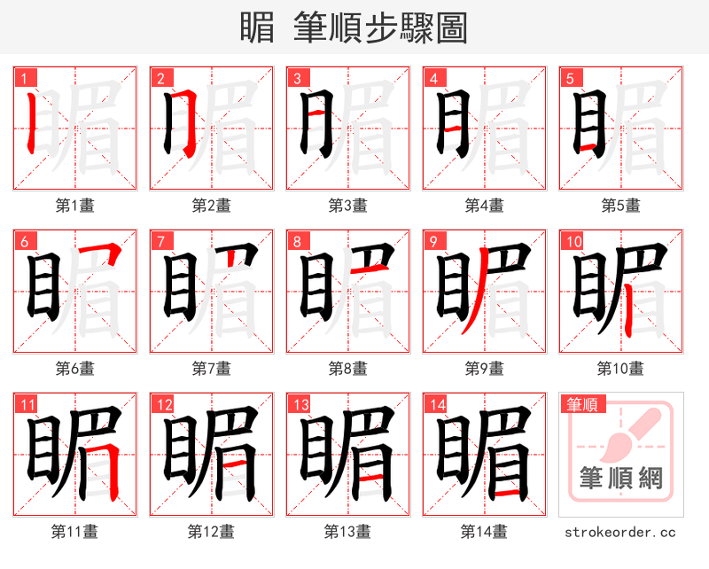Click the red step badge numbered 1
tap(22, 77)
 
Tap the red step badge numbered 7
tap(159, 240)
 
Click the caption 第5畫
tap(620, 206)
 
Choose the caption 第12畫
tap(211, 532)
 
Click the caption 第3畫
tap(347, 206)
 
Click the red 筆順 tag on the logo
tap(581, 404)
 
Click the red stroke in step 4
tap(451, 130)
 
